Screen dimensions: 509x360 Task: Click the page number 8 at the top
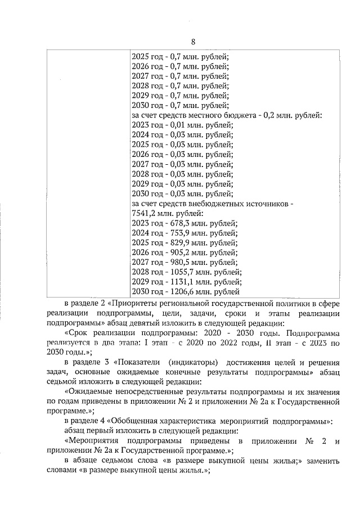click(193, 43)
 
